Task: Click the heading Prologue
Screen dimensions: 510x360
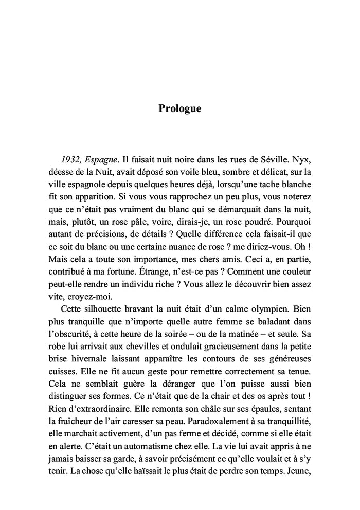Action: pyautogui.click(x=179, y=109)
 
